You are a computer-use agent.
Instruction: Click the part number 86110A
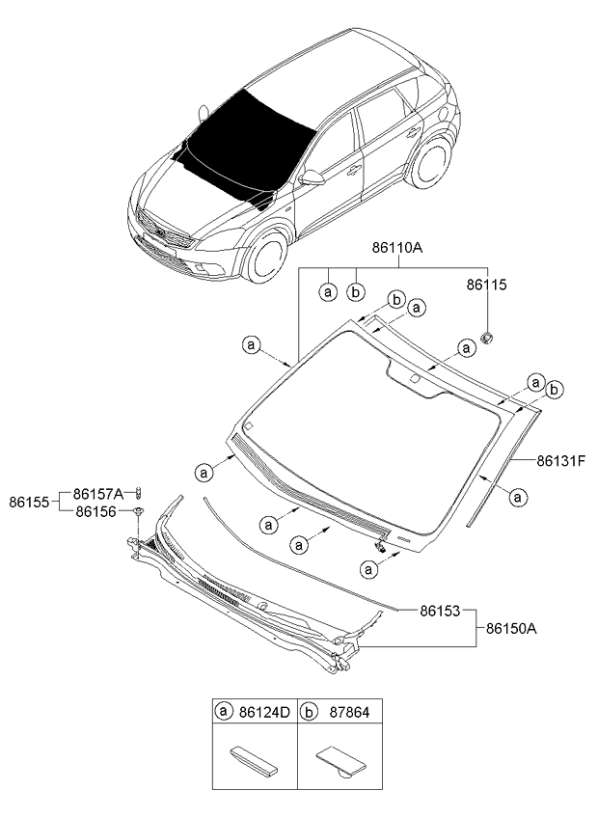pyautogui.click(x=397, y=248)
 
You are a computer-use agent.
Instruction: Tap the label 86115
pyautogui.click(x=487, y=286)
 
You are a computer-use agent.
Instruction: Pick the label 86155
pyautogui.click(x=30, y=502)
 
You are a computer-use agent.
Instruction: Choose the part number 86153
pyautogui.click(x=440, y=611)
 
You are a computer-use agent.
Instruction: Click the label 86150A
pyautogui.click(x=511, y=628)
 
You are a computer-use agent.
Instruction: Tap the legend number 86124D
pyautogui.click(x=263, y=713)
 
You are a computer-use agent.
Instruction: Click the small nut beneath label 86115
pyautogui.click(x=488, y=337)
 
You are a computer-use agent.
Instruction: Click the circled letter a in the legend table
pyautogui.click(x=224, y=713)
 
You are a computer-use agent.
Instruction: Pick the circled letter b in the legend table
pyautogui.click(x=308, y=713)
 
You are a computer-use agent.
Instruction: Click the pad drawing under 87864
pyautogui.click(x=340, y=758)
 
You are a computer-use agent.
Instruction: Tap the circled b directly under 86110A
pyautogui.click(x=356, y=289)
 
